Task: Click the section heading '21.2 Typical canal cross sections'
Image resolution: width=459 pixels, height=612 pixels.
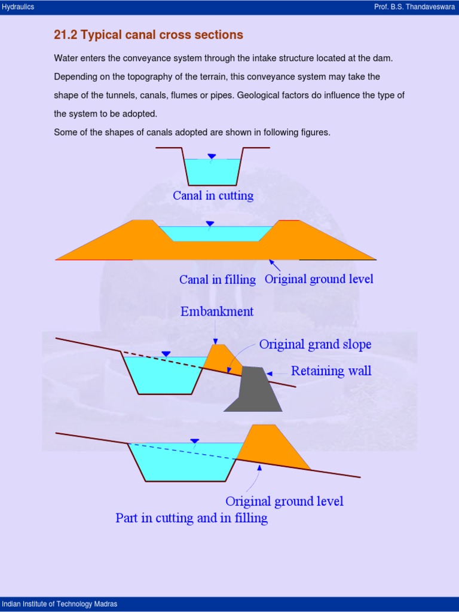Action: pos(148,35)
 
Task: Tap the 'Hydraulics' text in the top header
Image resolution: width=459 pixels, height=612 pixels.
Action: pos(18,7)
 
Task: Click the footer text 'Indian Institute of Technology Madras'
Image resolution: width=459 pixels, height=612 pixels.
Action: pos(60,604)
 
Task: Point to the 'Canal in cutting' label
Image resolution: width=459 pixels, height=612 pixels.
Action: pos(213,195)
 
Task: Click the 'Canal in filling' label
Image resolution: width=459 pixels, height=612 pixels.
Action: pos(218,280)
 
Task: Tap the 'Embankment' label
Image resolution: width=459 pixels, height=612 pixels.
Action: pos(217,311)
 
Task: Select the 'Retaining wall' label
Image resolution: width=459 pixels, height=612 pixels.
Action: pos(331,371)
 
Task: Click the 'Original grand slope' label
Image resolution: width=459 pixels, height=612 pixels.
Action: pos(315,345)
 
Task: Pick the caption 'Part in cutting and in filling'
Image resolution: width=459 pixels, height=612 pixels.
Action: pos(191,518)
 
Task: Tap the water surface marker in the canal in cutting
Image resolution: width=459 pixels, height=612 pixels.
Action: pos(212,157)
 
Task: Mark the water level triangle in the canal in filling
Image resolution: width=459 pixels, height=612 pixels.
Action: pos(209,224)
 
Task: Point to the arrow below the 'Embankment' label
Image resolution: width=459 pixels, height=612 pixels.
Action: pos(216,332)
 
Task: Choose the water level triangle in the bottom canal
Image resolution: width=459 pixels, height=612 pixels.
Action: pos(194,442)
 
